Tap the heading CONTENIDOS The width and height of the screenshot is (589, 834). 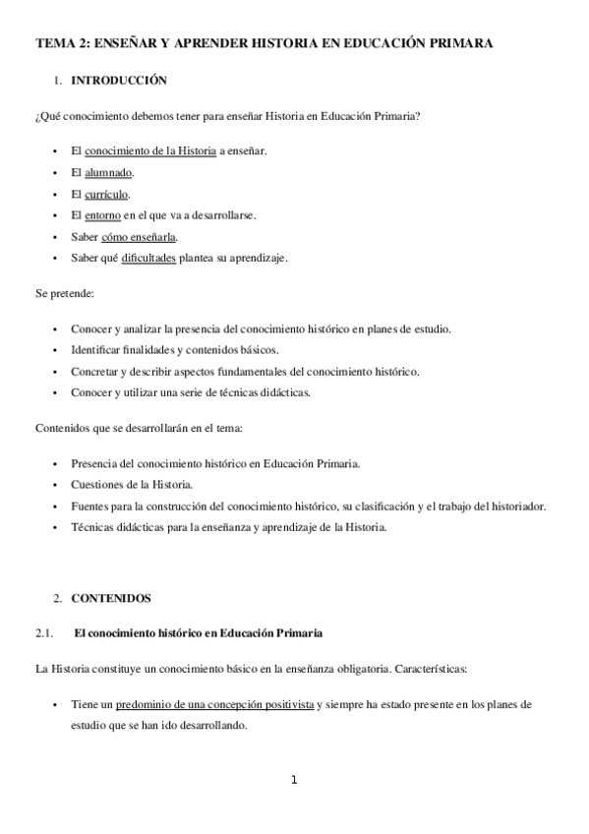[x=112, y=597]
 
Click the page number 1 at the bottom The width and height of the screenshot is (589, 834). [x=293, y=781]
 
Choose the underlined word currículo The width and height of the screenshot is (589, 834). [x=107, y=194]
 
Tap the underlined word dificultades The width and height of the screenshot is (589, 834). [x=148, y=259]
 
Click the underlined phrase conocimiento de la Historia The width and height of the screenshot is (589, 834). [x=150, y=150]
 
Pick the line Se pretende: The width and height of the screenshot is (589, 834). [x=64, y=294]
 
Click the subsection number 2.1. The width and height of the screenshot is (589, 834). [x=44, y=632]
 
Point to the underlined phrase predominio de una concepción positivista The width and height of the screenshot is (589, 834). [x=214, y=705]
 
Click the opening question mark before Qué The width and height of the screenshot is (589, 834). [x=37, y=116]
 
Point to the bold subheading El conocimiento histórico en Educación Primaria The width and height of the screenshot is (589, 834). [x=199, y=632]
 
